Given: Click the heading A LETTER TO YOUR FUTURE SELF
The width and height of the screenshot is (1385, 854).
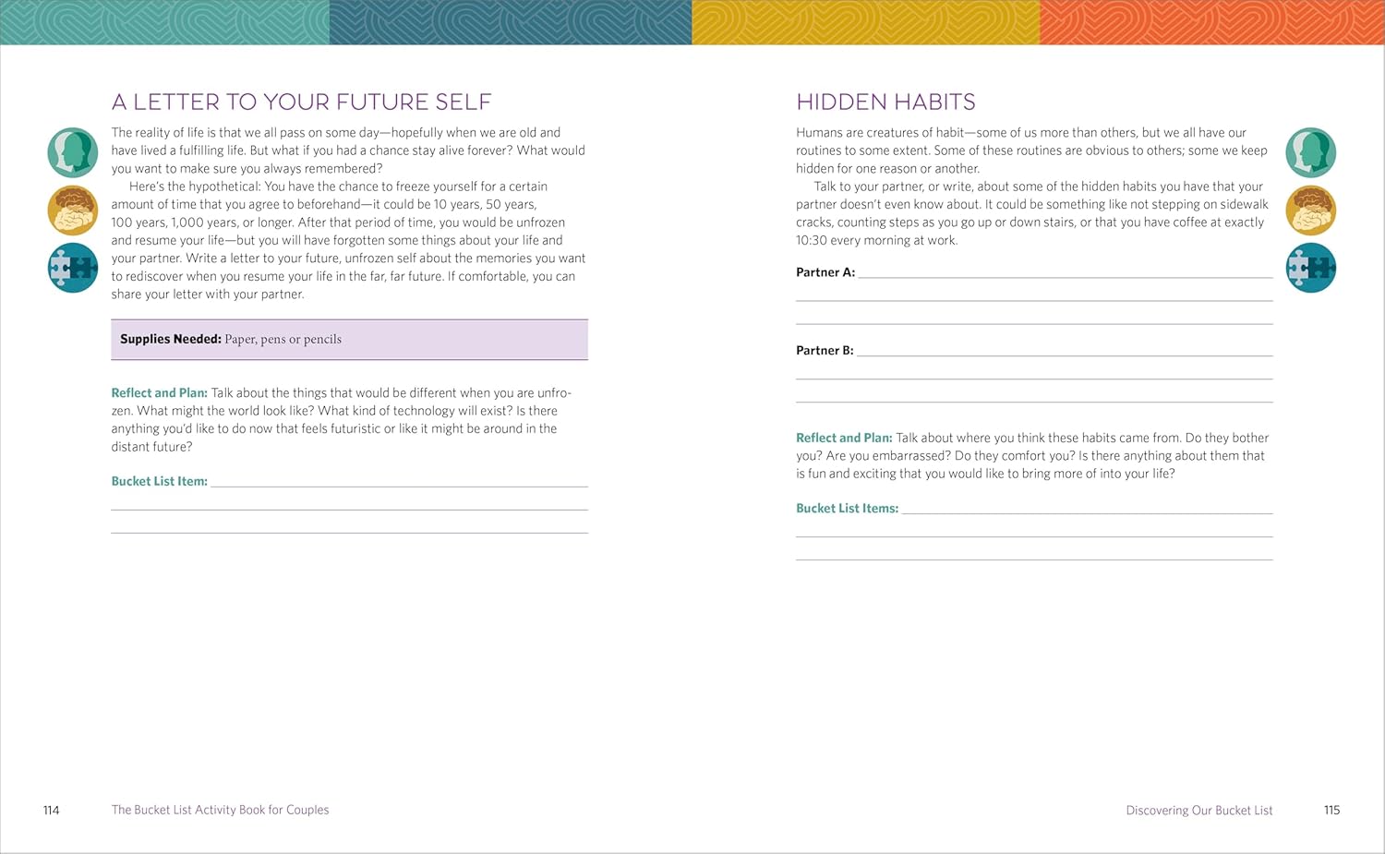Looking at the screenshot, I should click(x=301, y=102).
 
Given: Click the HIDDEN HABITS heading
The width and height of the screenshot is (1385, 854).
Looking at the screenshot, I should click(x=885, y=102).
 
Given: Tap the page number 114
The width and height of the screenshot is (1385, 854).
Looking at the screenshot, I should click(x=52, y=810).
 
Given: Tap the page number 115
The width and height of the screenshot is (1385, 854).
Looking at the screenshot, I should click(x=1331, y=810).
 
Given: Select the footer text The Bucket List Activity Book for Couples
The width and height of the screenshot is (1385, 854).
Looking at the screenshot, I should click(x=220, y=810).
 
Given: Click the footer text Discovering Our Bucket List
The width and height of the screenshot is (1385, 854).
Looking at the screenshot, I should click(x=1198, y=811).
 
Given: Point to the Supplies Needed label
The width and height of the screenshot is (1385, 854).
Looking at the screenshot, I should click(x=171, y=339).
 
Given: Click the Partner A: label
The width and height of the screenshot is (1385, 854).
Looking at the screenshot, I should click(x=825, y=272).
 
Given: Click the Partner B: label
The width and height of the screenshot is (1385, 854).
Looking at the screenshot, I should click(x=825, y=351).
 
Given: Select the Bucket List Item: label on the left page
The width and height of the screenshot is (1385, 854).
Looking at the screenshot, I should click(x=159, y=481).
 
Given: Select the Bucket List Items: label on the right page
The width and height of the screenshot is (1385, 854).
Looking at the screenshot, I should click(x=847, y=508).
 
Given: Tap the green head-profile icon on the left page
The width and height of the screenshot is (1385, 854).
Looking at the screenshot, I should click(x=73, y=152).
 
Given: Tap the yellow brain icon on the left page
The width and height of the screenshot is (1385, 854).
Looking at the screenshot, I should click(x=73, y=210).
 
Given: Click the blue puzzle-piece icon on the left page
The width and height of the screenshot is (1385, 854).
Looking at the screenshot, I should click(x=73, y=268).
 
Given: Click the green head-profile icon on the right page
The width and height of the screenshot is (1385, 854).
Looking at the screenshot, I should click(x=1310, y=152).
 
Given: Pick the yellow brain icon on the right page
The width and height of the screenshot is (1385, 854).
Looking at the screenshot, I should click(x=1310, y=210).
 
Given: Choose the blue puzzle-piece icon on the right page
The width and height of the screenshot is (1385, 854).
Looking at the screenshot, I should click(x=1310, y=268).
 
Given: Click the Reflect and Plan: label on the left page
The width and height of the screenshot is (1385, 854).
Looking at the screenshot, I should click(x=159, y=392).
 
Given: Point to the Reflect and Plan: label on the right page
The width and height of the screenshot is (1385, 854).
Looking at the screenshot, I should click(x=844, y=438).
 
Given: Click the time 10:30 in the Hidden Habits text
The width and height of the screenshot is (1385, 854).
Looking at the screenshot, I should click(x=812, y=240).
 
